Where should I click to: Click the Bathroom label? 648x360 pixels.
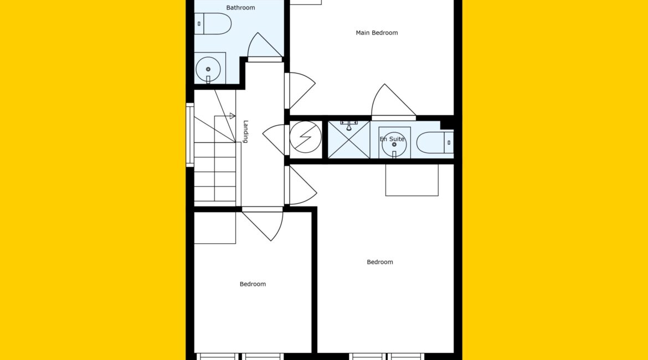point(240,7)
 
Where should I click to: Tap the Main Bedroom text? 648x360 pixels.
point(377,33)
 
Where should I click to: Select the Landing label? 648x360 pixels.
point(245,131)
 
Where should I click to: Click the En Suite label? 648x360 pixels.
point(392,139)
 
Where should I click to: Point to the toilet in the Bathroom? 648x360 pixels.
point(213,24)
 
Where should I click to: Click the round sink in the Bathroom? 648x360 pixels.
point(208,69)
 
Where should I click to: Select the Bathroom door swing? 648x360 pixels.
point(265,47)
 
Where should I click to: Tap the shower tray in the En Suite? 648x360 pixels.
point(349,140)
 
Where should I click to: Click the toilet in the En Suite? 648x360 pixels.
point(435,142)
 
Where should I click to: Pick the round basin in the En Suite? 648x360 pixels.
point(394,145)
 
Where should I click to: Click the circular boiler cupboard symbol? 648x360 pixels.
point(305,137)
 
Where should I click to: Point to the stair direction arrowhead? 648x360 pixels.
point(232,116)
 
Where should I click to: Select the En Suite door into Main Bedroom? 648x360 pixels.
point(393,102)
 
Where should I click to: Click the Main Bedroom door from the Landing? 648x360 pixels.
point(300,90)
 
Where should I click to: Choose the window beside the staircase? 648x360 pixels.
point(190,135)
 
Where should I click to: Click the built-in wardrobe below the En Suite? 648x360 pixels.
point(412,180)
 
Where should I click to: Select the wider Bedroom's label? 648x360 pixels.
point(380,262)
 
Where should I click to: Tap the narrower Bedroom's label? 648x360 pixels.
point(253,284)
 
